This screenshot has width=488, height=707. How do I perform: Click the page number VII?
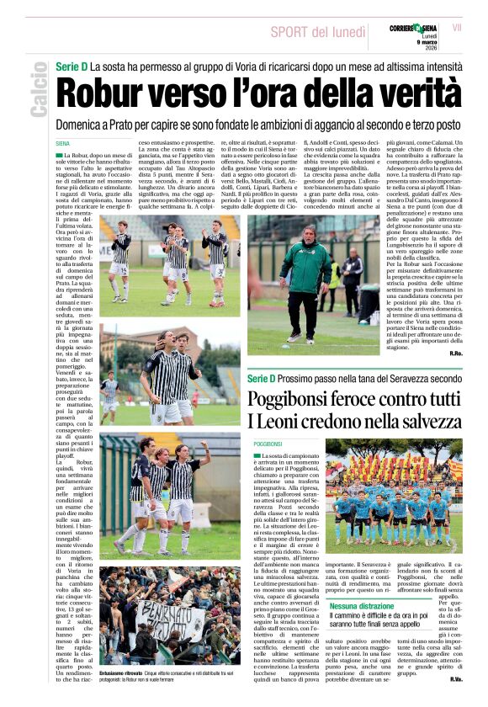coord(457,28)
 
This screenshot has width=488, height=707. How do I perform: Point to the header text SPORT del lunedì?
coord(318,32)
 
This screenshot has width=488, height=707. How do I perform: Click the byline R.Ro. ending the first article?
coord(456,353)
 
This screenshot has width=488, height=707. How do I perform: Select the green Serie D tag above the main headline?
coord(72,66)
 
